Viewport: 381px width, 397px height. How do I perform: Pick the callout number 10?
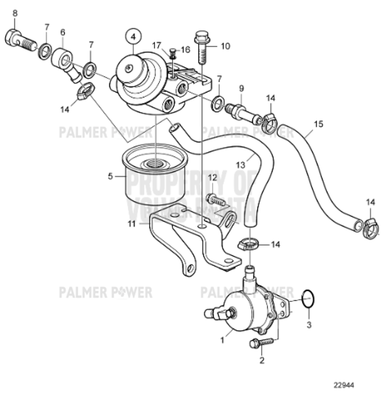click(225, 46)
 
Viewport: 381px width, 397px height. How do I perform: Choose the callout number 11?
click(133, 224)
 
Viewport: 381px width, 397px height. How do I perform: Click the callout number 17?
click(157, 45)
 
